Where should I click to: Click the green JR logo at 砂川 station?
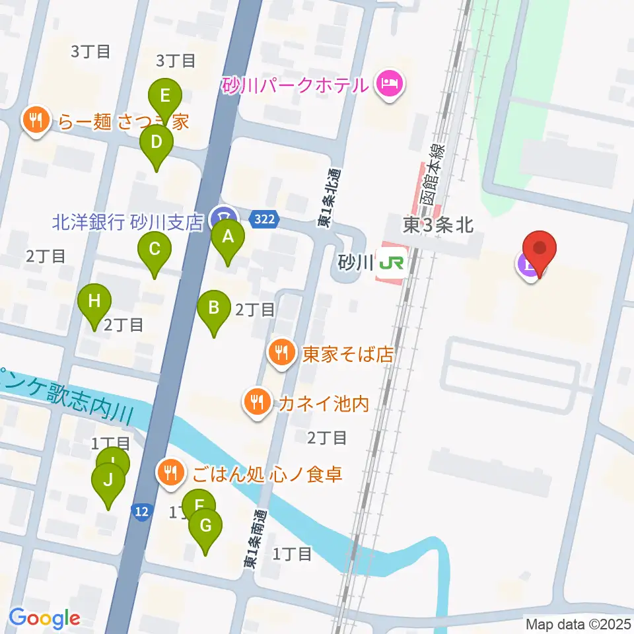pos(392,263)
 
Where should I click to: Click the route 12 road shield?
pos(141,511)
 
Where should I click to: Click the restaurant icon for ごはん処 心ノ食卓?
pos(171,473)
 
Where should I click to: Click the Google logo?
pos(44,618)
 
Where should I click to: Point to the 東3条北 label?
pos(438,225)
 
